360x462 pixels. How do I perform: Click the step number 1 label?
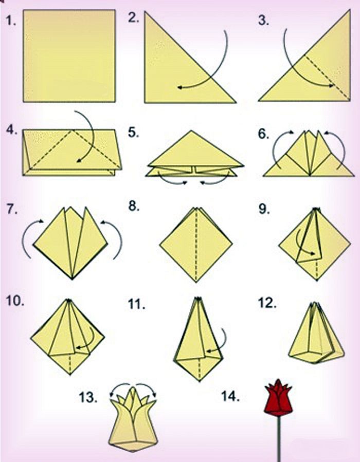pyautogui.click(x=11, y=21)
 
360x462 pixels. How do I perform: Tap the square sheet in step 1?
pyautogui.click(x=69, y=56)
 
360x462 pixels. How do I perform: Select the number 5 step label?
pyautogui.click(x=134, y=133)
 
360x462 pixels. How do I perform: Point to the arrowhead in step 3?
pyautogui.click(x=331, y=85)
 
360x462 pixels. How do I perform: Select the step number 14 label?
pyautogui.click(x=230, y=397)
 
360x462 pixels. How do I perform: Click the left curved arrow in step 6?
pyautogui.click(x=275, y=147)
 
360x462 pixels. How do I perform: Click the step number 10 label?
pyautogui.click(x=15, y=302)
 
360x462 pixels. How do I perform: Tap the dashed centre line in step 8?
pyautogui.click(x=196, y=245)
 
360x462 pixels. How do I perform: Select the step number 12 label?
pyautogui.click(x=267, y=303)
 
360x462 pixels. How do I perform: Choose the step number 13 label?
pyautogui.click(x=87, y=397)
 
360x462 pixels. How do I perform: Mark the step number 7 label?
pyautogui.click(x=11, y=209)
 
